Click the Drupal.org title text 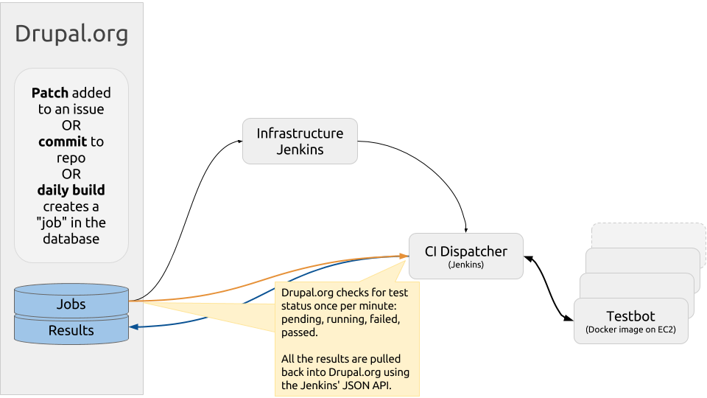tap(71, 35)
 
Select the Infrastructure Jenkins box tap(300, 142)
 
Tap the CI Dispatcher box tap(465, 256)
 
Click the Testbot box tap(631, 321)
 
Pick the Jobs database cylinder tap(71, 301)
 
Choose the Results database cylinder tap(71, 330)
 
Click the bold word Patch tap(49, 93)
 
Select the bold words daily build tap(71, 190)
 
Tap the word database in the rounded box tap(71, 239)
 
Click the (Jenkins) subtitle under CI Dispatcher tap(465, 265)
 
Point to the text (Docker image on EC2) tap(631, 329)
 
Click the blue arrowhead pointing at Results tap(133, 327)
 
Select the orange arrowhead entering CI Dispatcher tap(404, 256)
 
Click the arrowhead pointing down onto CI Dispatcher tap(465, 230)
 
